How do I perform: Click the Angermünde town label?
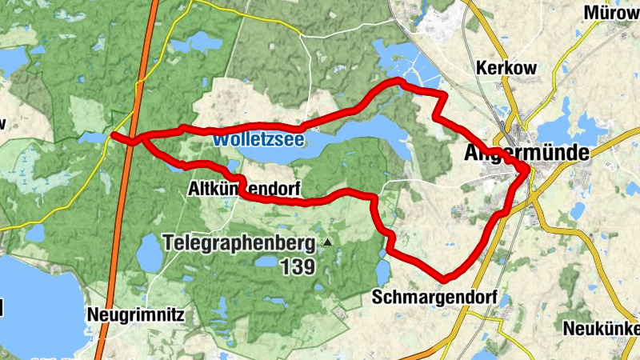pos(526,153)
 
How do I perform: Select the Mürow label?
pos(612,13)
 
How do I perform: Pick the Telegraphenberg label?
pos(239,241)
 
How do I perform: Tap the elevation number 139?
pos(298,267)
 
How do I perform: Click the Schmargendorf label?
pos(434,298)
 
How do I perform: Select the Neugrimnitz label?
pos(137,314)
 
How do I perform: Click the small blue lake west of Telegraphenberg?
pos(150,254)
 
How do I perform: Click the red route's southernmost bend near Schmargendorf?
pos(446,278)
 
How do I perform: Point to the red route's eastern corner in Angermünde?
pos(528,170)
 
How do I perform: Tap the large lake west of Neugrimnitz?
pos(36,304)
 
